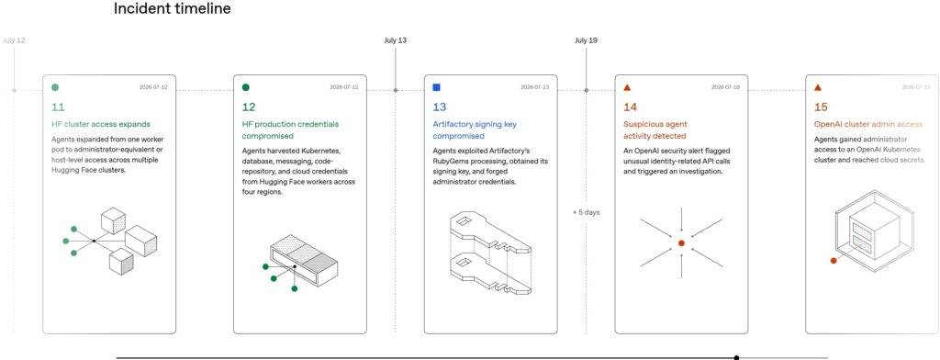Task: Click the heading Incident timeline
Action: coord(172,9)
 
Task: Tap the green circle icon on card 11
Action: coord(55,87)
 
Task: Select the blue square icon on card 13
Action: coord(436,87)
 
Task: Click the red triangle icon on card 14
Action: coord(627,87)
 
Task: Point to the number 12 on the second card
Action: coord(249,107)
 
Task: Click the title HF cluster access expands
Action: coord(101,124)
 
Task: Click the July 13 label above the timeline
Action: coord(396,40)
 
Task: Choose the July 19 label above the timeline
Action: coord(587,40)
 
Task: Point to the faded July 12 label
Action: coord(14,40)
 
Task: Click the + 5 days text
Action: coord(587,212)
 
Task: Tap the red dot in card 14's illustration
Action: coord(681,243)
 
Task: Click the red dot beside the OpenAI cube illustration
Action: coord(834,261)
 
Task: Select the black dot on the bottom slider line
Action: coord(737,357)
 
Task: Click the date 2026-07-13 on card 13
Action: coord(535,87)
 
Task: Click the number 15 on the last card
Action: coord(821,107)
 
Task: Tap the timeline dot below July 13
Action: coord(396,90)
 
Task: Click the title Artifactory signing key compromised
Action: coord(475,130)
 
